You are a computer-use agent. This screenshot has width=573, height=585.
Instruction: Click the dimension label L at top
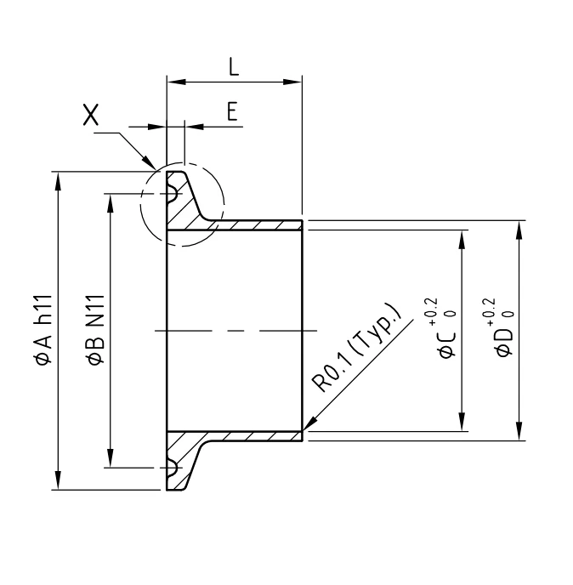click(234, 68)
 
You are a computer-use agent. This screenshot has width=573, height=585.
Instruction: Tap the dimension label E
click(230, 111)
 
